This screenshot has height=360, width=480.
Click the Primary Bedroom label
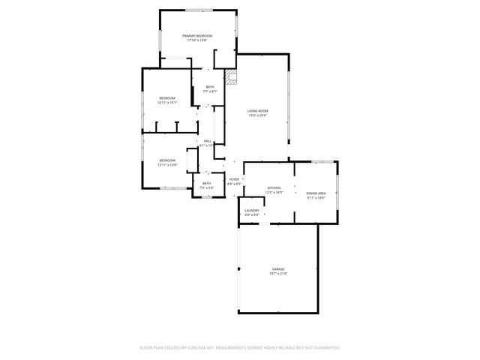198,36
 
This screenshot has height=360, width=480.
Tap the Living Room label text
258,111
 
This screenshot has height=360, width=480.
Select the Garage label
278,268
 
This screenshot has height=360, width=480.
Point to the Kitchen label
274,188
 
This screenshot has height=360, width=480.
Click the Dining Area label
316,193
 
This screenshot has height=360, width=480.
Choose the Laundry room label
252,211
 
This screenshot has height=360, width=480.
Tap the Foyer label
234,179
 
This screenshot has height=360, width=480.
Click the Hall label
206,141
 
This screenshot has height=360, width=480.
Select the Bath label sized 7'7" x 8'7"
210,87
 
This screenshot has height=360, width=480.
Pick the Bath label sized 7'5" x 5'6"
206,183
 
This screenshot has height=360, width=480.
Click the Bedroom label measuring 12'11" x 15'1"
166,98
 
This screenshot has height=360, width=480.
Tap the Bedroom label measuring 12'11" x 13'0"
166,160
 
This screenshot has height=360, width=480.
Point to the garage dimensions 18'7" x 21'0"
278,274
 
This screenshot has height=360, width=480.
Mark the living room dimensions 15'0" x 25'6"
258,116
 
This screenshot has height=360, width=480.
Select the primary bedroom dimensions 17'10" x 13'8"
198,40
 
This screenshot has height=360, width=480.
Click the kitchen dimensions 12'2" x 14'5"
274,193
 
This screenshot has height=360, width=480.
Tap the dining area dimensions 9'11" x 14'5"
316,198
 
